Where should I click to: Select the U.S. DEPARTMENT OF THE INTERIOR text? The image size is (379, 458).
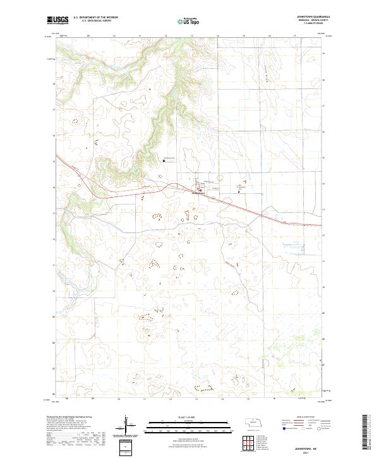pos(95,18)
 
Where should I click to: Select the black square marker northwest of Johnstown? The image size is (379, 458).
pos(164,160)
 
